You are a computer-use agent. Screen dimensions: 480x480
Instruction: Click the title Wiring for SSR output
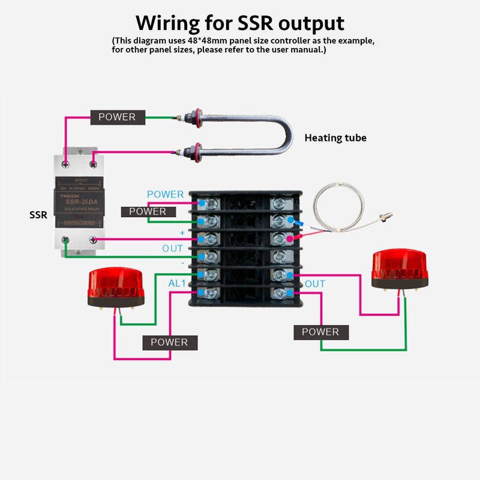pos(240,23)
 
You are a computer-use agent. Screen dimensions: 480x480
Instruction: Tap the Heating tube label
pos(335,138)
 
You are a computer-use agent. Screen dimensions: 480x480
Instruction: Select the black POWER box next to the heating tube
pos(117,117)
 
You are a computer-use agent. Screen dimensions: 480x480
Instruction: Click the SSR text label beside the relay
pos(38,214)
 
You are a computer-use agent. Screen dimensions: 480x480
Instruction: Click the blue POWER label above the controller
pos(166,194)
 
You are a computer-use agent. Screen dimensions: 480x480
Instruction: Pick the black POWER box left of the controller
pos(148,211)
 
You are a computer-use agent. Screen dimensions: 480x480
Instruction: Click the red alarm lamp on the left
pos(116,287)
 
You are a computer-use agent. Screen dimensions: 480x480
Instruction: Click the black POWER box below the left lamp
pos(169,343)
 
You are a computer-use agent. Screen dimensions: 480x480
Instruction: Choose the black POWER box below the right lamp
pos(320,332)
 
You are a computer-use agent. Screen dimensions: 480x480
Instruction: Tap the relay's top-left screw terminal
pos(65,163)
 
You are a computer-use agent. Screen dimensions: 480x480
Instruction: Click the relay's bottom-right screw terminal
pos(93,240)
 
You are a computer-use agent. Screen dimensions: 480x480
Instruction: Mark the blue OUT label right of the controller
pos(315,283)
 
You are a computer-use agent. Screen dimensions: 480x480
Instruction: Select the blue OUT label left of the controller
pos(173,248)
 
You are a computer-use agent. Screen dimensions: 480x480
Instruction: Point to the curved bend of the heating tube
pos(287,134)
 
